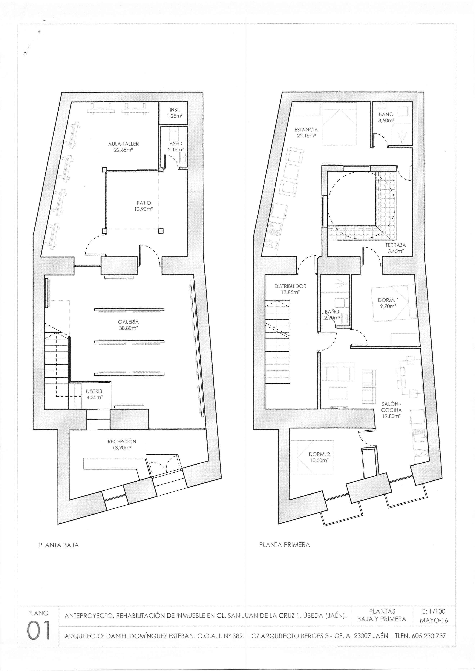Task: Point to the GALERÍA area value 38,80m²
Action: [128, 328]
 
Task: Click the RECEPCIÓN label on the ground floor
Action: [122, 441]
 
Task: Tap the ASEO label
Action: [176, 144]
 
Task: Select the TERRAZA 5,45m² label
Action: [395, 248]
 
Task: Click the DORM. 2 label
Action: [319, 454]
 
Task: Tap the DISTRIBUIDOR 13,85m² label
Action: [290, 289]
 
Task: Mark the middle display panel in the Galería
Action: [129, 341]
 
